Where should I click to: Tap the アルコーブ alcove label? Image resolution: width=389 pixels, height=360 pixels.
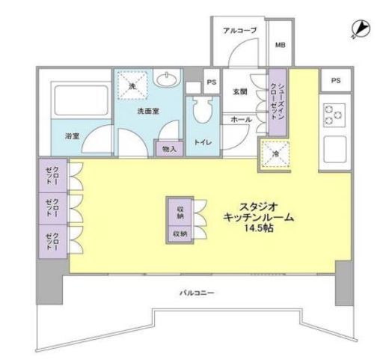(x=239, y=31)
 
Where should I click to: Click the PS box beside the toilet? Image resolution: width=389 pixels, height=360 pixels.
(x=211, y=82)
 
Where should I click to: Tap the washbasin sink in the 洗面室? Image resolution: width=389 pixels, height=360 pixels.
(x=168, y=81)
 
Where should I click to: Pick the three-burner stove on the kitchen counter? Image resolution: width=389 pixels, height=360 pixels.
(x=334, y=114)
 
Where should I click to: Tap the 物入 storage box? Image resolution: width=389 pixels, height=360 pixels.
(x=170, y=149)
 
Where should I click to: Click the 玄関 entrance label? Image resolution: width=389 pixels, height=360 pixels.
(x=239, y=92)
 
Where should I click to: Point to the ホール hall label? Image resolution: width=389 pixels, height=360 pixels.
(x=241, y=120)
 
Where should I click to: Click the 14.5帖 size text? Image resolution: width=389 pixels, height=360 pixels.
(x=257, y=228)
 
